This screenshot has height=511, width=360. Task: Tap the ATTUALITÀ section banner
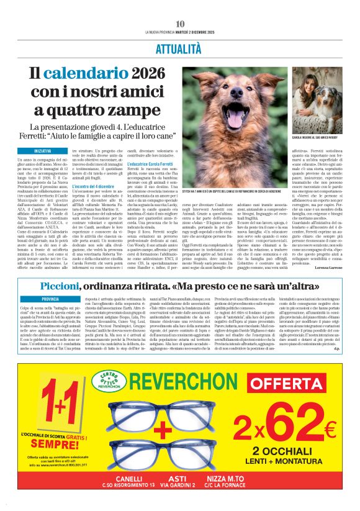[x=179, y=48]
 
